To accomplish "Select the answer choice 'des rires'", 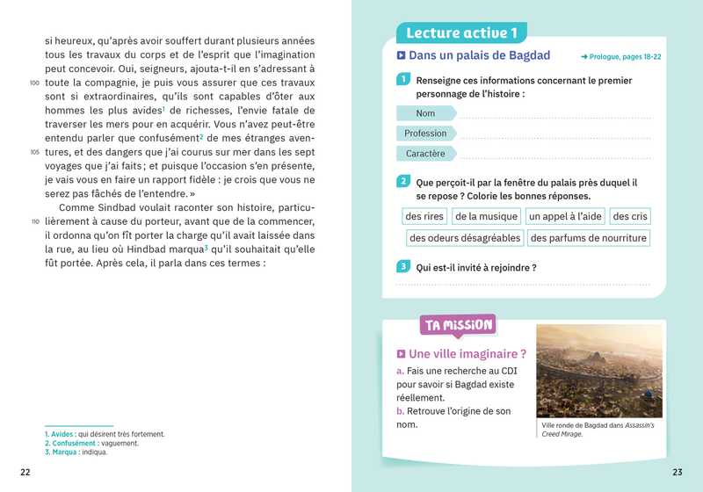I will (x=424, y=216).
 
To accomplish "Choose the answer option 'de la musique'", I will (x=486, y=216).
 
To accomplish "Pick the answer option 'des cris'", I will (x=630, y=216).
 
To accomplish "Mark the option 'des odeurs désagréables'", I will (x=465, y=238).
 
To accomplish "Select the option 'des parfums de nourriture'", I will (x=589, y=238).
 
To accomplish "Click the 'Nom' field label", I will (x=425, y=113).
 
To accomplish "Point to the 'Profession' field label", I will (x=425, y=134).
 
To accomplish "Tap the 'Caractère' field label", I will (x=425, y=154).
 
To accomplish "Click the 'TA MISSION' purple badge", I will (x=458, y=325).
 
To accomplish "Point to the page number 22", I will (x=25, y=473).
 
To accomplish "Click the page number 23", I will (x=677, y=473).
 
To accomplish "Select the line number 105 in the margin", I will (x=34, y=152).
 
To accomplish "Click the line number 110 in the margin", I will (x=34, y=221).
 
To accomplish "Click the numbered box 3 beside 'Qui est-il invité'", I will (x=402, y=267).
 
